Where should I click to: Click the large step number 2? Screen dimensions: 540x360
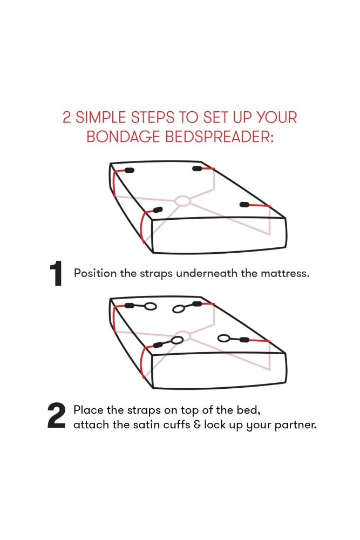click(x=56, y=417)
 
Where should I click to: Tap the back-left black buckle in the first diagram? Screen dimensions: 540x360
click(x=130, y=170)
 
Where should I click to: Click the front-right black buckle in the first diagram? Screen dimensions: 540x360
click(x=244, y=205)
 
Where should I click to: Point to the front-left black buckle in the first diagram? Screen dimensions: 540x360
click(x=158, y=210)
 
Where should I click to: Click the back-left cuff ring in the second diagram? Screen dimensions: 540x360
click(x=150, y=307)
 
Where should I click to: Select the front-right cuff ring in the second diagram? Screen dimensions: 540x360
click(x=223, y=339)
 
